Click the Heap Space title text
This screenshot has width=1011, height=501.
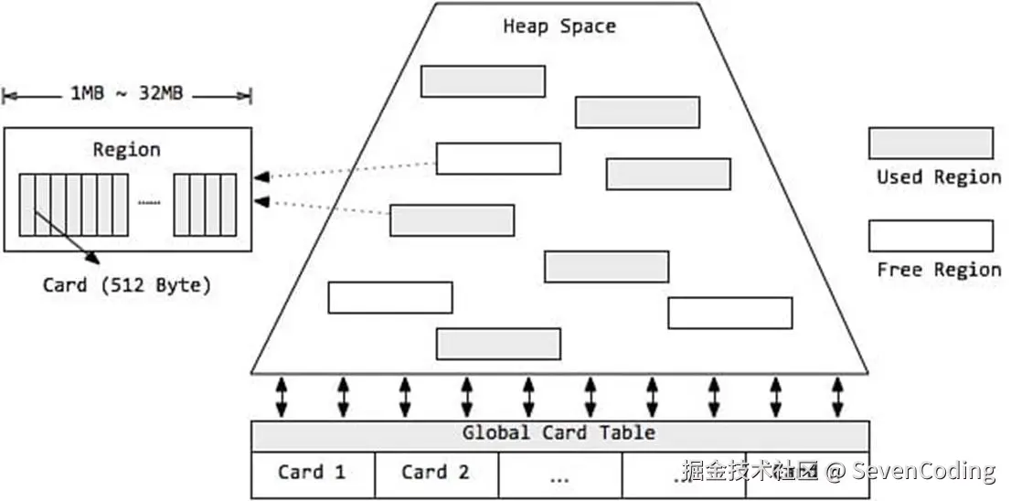point(559,26)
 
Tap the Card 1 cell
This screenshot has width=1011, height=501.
point(313,473)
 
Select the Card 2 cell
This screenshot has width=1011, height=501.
point(436,473)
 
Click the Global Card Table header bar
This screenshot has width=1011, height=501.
point(559,433)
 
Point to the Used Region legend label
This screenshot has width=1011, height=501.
point(939,176)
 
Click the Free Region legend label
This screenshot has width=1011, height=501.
point(939,269)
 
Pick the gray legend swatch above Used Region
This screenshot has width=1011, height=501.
point(931,144)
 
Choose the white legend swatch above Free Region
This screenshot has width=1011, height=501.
point(931,236)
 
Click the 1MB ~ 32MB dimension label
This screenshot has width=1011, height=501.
point(126,93)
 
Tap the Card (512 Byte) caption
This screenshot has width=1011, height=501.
point(126,285)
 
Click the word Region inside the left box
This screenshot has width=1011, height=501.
point(126,149)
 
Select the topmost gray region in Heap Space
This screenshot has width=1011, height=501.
point(483,81)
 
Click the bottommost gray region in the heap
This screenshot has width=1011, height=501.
point(498,344)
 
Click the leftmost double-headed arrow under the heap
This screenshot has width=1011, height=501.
point(282,397)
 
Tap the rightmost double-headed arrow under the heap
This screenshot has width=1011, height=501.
point(837,397)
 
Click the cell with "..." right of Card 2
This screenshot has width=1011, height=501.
point(559,475)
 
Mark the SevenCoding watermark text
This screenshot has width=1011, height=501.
point(923,472)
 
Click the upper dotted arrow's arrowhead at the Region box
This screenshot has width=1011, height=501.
point(261,176)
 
